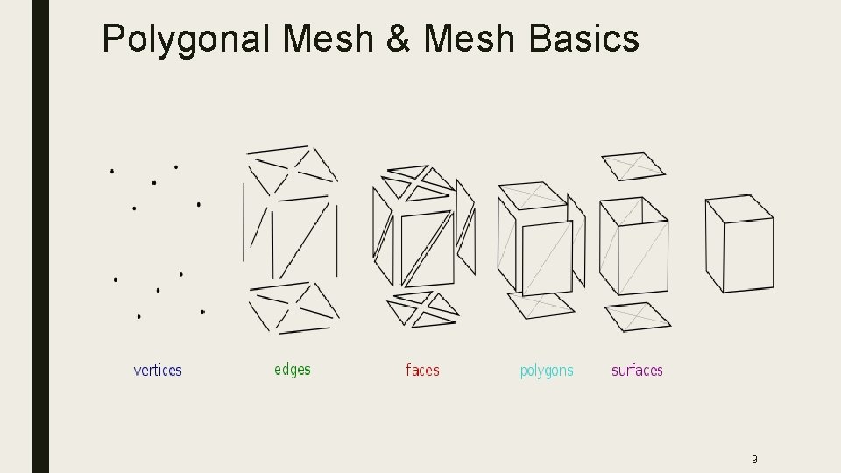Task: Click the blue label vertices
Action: point(158,371)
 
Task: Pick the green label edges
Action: point(293,370)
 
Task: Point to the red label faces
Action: point(422,371)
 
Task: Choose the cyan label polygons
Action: point(547,371)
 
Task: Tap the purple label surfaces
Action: point(637,371)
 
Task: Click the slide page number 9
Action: point(754,459)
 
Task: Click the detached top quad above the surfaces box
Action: point(633,166)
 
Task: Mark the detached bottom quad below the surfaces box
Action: point(638,315)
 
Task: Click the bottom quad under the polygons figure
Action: point(541,303)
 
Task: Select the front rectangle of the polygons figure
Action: point(548,258)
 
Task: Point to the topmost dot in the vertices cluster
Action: point(176,166)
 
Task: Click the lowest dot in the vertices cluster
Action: point(138,315)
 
